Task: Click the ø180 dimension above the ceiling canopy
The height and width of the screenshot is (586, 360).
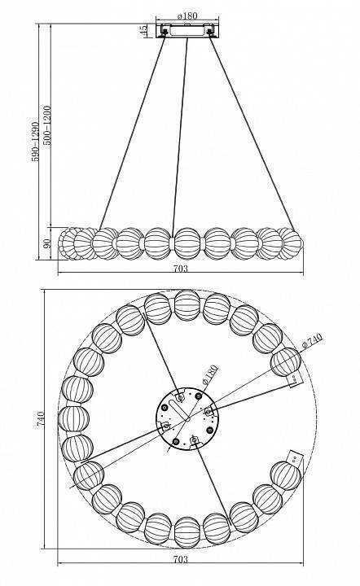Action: coord(187,16)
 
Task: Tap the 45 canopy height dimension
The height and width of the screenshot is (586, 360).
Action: coord(143,31)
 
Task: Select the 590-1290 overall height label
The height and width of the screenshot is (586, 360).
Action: coord(35,142)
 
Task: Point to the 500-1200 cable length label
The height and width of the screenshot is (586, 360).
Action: coord(47,125)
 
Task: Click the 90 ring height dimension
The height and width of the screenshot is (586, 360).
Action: coord(47,243)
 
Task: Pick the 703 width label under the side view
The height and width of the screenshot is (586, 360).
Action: coord(181,269)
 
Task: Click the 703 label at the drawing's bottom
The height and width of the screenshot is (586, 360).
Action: coord(181,559)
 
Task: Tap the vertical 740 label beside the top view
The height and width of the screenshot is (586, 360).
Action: coord(41,419)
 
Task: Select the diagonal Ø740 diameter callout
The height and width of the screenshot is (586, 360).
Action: coord(312,341)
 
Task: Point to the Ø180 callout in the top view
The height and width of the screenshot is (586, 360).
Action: coord(209,375)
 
